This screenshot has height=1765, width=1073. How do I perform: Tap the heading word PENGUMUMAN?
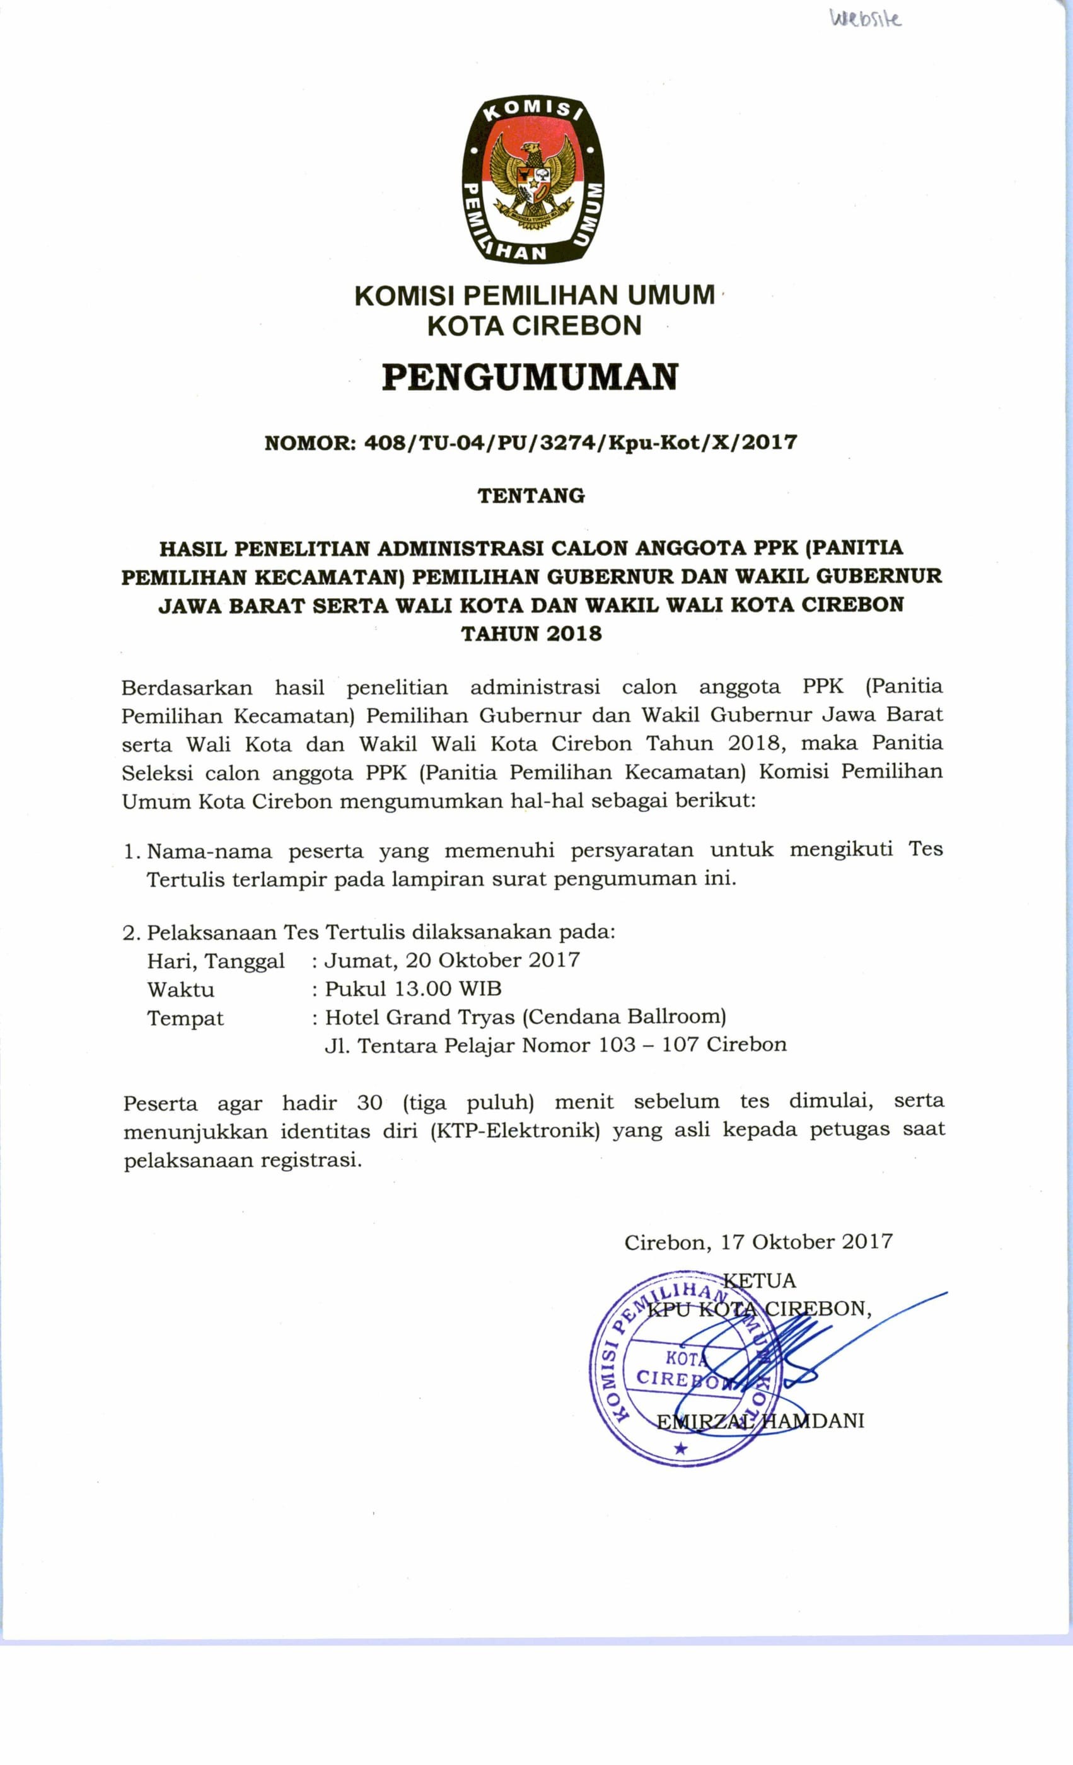(530, 378)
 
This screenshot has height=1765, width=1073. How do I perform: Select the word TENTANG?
(531, 495)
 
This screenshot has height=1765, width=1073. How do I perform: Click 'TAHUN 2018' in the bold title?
(531, 634)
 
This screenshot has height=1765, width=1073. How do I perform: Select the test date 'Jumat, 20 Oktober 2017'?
(452, 960)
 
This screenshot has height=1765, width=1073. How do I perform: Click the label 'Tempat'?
(185, 1018)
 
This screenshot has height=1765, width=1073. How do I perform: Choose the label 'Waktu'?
(180, 989)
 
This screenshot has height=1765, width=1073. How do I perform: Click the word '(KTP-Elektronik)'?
(514, 1130)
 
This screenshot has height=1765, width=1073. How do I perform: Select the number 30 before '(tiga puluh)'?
(369, 1102)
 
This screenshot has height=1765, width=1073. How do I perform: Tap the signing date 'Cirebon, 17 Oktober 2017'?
(758, 1241)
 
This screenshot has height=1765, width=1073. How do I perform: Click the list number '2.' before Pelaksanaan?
(130, 933)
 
